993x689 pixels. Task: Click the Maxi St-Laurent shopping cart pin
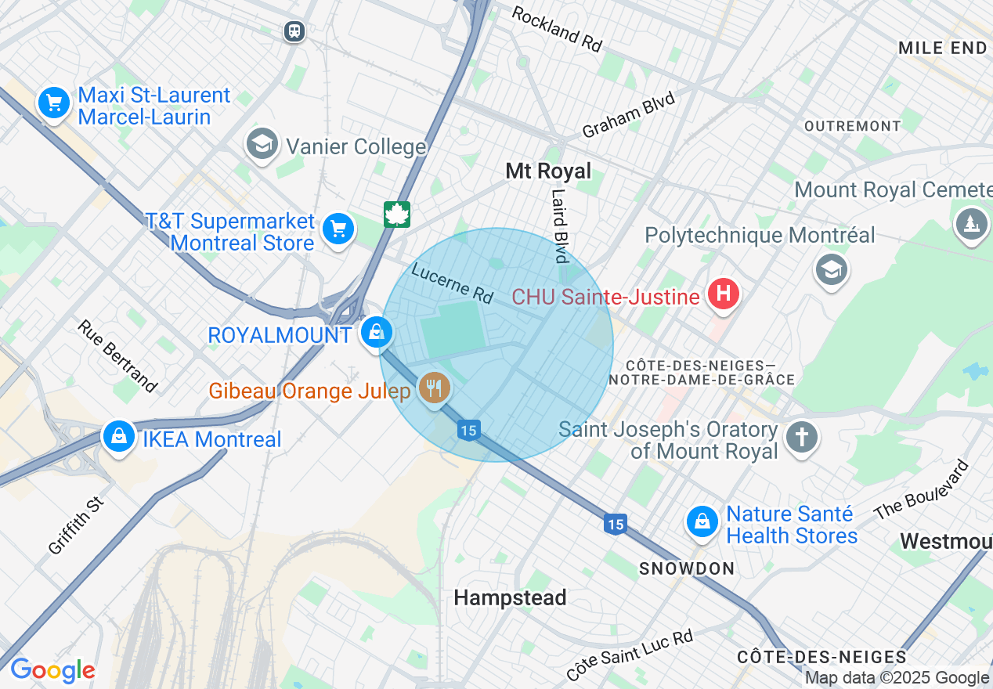pyautogui.click(x=54, y=103)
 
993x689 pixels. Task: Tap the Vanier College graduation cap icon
pyautogui.click(x=262, y=143)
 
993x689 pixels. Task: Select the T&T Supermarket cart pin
pyautogui.click(x=338, y=229)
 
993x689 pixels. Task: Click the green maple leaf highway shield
pyautogui.click(x=397, y=214)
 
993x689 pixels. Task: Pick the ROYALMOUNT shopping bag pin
pyautogui.click(x=377, y=332)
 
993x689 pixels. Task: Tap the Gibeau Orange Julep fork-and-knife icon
pyautogui.click(x=434, y=387)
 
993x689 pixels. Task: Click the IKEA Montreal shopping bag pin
pyautogui.click(x=119, y=436)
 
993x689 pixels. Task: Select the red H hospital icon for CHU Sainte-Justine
pyautogui.click(x=723, y=294)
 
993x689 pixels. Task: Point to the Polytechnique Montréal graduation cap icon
pyautogui.click(x=831, y=269)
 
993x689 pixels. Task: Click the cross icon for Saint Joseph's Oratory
pyautogui.click(x=802, y=436)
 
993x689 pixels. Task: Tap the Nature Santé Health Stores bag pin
pyautogui.click(x=702, y=521)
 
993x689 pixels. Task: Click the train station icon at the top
pyautogui.click(x=294, y=31)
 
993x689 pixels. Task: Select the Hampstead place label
pyautogui.click(x=510, y=598)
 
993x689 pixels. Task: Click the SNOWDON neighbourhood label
pyautogui.click(x=687, y=568)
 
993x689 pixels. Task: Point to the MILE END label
pyautogui.click(x=943, y=48)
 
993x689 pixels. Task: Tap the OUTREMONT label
pyautogui.click(x=853, y=126)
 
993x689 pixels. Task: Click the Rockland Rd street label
pyautogui.click(x=557, y=29)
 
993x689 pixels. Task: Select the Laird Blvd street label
pyautogui.click(x=558, y=225)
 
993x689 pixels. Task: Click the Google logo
pyautogui.click(x=52, y=670)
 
